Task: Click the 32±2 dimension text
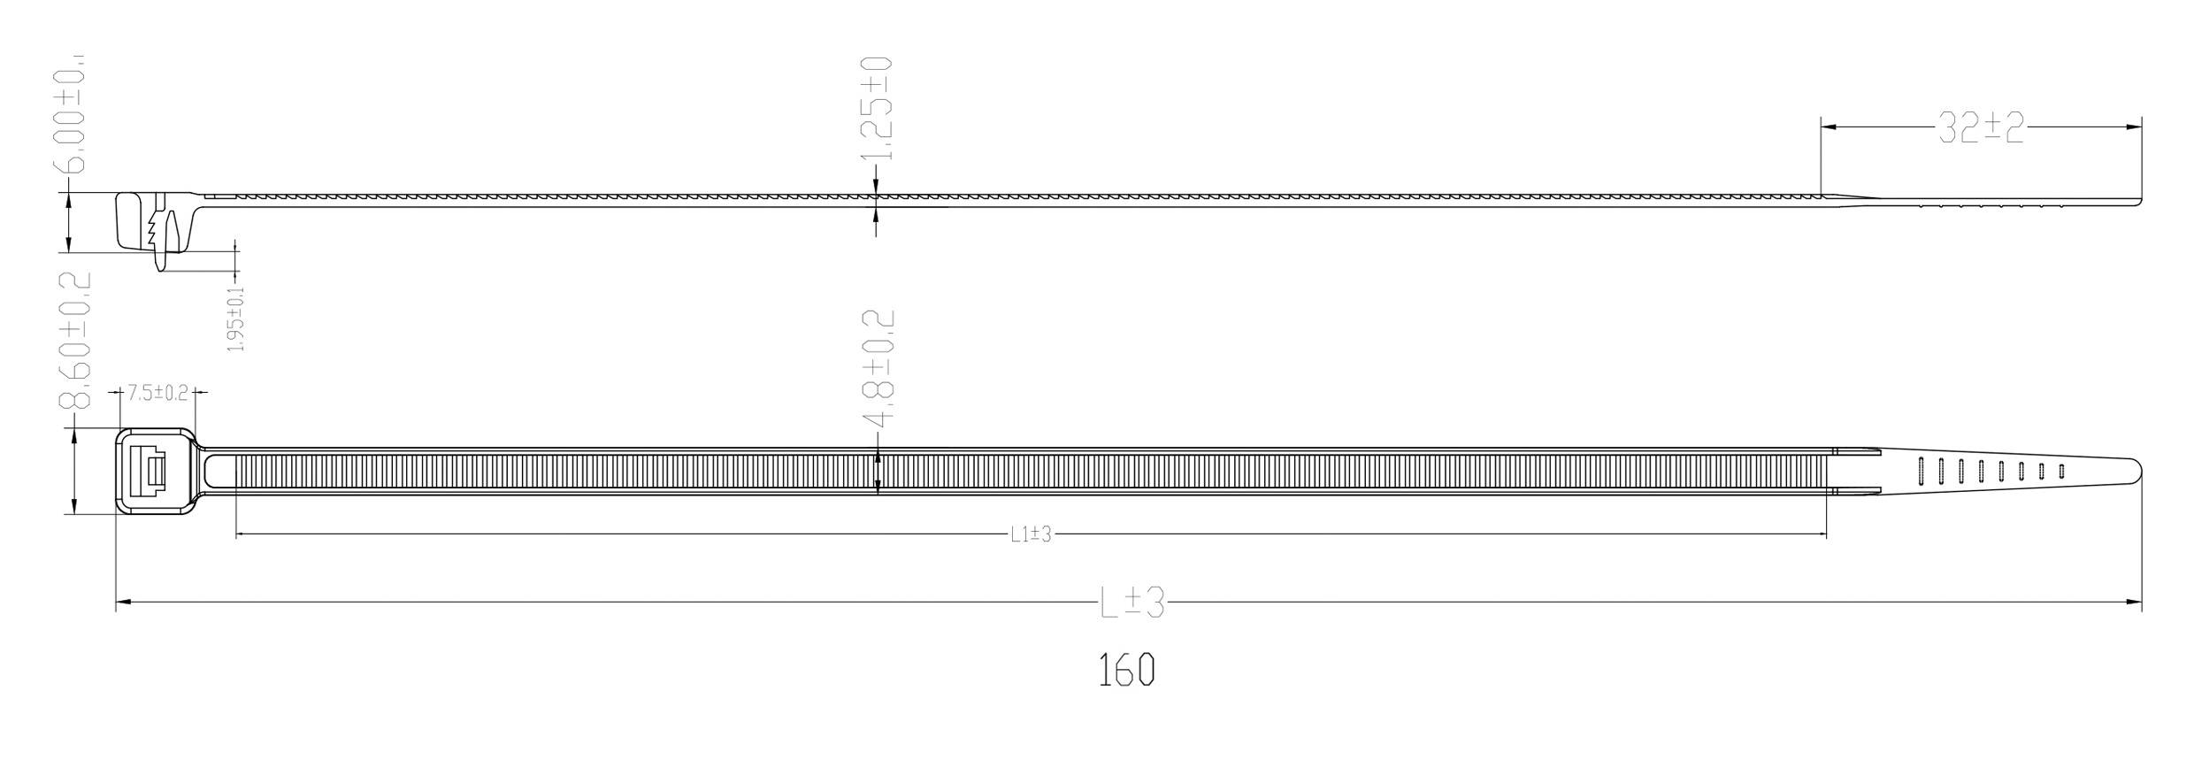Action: coord(1980,127)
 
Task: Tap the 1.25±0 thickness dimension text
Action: coord(877,108)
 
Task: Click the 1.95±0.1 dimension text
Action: coord(236,319)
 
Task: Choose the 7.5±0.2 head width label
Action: coord(157,393)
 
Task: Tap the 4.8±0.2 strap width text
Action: coord(877,365)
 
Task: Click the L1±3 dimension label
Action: coord(1031,534)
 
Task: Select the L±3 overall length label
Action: coord(1131,603)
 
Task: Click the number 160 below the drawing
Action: coord(1126,670)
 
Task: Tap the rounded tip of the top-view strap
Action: coord(2136,470)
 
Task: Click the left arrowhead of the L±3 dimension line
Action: coord(124,603)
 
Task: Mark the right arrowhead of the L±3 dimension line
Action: coord(2134,603)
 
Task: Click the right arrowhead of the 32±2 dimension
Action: coord(2134,127)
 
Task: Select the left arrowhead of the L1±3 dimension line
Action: coord(243,534)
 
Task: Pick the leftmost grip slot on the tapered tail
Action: coord(1922,471)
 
